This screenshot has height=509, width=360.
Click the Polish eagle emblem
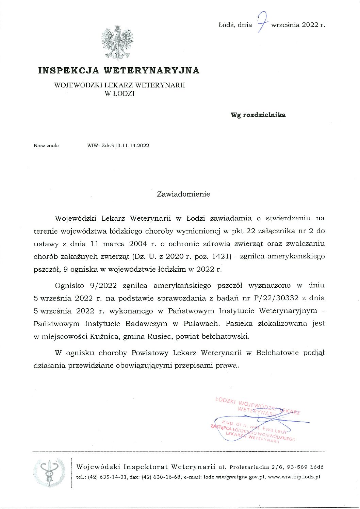(x=117, y=43)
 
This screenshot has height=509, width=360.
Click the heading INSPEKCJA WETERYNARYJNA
(x=119, y=70)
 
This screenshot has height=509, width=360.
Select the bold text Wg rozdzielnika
(x=258, y=115)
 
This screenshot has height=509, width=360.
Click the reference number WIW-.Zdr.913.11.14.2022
(x=118, y=146)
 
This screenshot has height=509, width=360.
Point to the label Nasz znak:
(x=46, y=146)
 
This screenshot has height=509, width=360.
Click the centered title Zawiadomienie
(x=183, y=194)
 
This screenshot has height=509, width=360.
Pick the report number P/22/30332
(x=276, y=298)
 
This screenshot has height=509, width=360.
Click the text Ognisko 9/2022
(x=86, y=286)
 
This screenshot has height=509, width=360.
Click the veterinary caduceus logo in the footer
(x=49, y=472)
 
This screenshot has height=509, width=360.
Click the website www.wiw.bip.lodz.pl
(x=294, y=477)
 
